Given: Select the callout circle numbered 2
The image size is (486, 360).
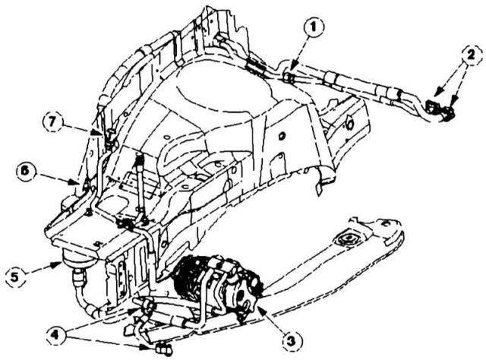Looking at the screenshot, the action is (x=471, y=56).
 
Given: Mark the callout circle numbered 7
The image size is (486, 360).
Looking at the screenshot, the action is (x=53, y=122).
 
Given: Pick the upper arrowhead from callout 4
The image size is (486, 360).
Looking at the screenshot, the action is (x=134, y=309).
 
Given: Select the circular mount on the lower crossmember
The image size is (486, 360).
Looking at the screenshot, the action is (x=347, y=239).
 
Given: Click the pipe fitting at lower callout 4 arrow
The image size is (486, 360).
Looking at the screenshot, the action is (x=163, y=349).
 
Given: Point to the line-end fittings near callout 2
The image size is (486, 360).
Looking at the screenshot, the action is (x=440, y=110).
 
